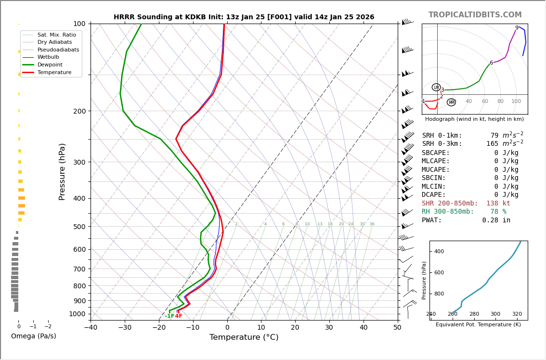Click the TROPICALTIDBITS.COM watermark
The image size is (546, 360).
[475, 15]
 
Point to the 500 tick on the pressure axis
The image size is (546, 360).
[79, 227]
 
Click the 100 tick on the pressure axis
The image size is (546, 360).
[79, 24]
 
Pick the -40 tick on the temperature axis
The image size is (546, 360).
[91, 328]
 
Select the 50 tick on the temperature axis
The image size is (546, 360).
[397, 328]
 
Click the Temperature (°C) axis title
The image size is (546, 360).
[244, 337]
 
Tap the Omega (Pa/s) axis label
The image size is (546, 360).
[33, 336]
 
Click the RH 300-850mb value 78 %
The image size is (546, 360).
[498, 212]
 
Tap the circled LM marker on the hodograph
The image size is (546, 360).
[436, 87]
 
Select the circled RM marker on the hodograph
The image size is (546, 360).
[451, 103]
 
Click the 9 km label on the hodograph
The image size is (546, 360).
[517, 28]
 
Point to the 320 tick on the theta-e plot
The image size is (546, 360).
[517, 314]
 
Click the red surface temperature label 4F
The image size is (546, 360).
[179, 316]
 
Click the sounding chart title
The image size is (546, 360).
[244, 17]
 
